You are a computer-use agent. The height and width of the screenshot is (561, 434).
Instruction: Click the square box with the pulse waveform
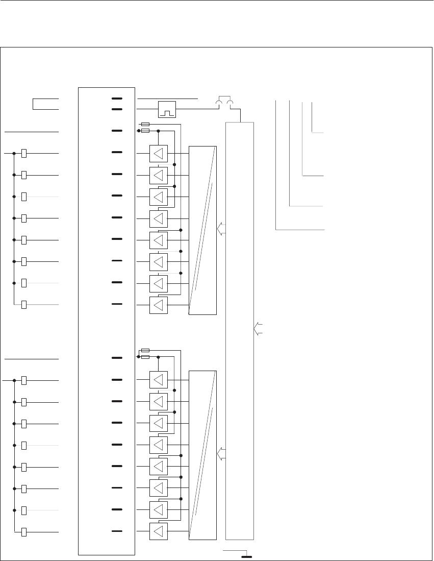167,109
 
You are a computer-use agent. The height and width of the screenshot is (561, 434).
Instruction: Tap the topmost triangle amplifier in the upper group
158,153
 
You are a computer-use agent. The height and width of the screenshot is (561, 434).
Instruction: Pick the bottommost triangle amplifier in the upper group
158,305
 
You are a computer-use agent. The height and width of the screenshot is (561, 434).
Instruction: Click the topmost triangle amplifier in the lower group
158,380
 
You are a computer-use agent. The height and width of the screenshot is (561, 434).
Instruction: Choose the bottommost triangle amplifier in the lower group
158,531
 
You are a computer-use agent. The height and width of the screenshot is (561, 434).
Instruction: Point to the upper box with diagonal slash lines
202,230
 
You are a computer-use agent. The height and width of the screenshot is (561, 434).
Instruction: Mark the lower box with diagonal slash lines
202,455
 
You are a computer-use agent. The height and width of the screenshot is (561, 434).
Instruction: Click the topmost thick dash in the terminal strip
117,98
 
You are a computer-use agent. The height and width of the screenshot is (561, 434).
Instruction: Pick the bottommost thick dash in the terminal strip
117,531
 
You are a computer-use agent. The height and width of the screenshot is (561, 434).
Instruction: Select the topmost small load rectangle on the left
24,154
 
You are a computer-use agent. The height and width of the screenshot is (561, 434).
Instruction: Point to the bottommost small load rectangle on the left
24,533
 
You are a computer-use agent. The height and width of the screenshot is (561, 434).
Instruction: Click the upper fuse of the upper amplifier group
145,124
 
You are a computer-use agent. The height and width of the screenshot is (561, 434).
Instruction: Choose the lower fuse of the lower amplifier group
145,357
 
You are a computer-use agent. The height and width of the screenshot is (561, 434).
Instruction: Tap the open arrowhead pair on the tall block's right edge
257,329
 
